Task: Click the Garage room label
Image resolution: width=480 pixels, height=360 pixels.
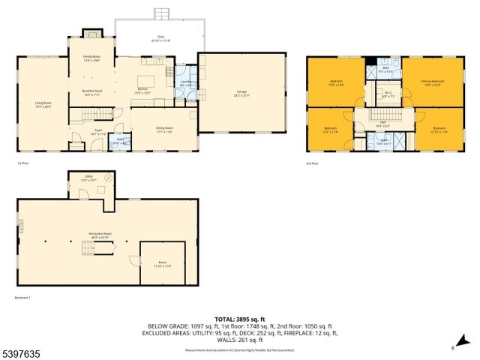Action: point(221,93)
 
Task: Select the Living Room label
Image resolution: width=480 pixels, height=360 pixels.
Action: point(43,103)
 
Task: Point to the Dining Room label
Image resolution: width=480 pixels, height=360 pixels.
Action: point(163,129)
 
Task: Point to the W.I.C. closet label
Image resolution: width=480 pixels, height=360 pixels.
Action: point(387,96)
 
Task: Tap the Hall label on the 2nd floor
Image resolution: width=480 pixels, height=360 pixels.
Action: point(382,125)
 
